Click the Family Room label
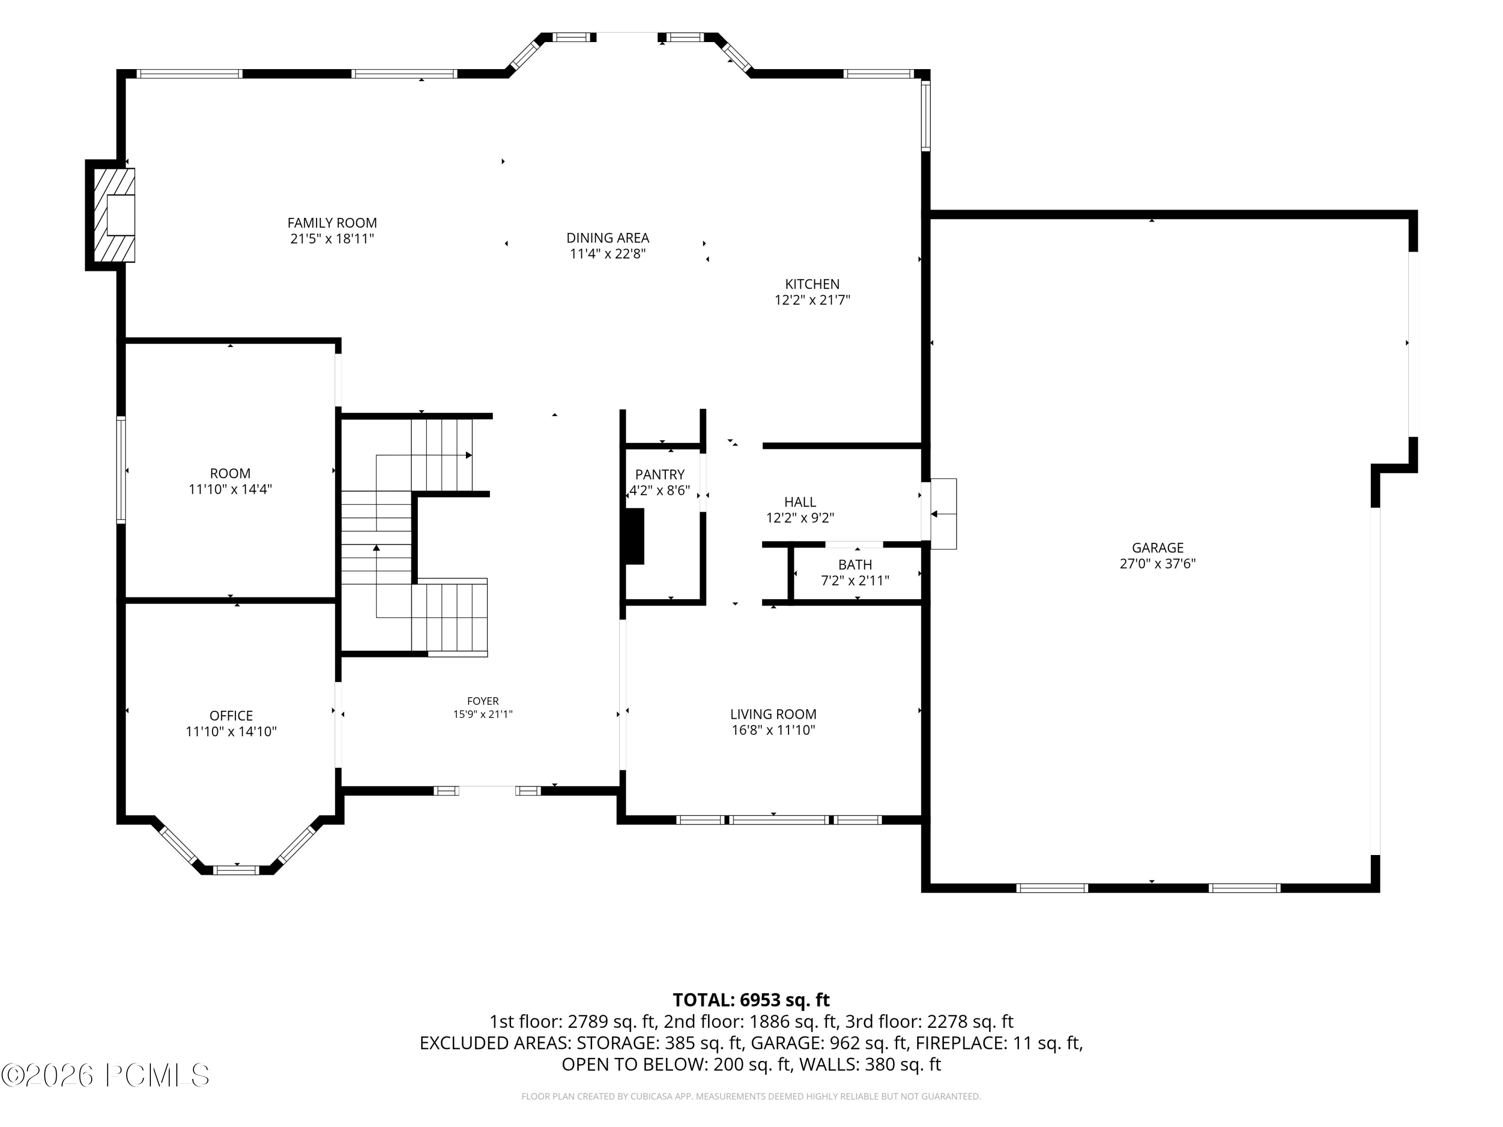pyautogui.click(x=332, y=223)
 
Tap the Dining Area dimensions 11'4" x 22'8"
pyautogui.click(x=607, y=254)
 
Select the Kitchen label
pyautogui.click(x=812, y=284)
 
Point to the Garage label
pyautogui.click(x=1157, y=547)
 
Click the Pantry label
pyautogui.click(x=660, y=474)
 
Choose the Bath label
pyautogui.click(x=855, y=565)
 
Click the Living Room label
pyautogui.click(x=773, y=714)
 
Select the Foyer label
pyautogui.click(x=482, y=701)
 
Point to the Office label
pyautogui.click(x=231, y=715)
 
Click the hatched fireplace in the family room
pyautogui.click(x=113, y=215)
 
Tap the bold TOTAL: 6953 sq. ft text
pyautogui.click(x=751, y=1000)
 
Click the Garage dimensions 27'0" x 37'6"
pyautogui.click(x=1157, y=563)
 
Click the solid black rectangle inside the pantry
pyautogui.click(x=635, y=536)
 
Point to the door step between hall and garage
pyautogui.click(x=943, y=513)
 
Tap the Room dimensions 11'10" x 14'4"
pyautogui.click(x=230, y=489)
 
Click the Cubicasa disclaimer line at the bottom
pyautogui.click(x=751, y=1096)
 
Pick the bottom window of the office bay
pyautogui.click(x=236, y=870)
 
